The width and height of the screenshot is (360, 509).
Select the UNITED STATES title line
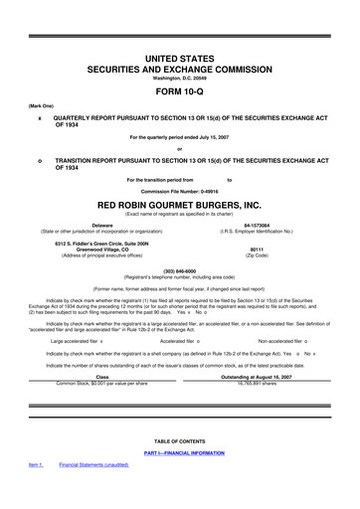179,59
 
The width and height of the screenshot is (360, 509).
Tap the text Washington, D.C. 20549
179,77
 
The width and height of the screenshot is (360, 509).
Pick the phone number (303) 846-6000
179,268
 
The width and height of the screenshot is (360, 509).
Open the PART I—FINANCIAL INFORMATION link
179,453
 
